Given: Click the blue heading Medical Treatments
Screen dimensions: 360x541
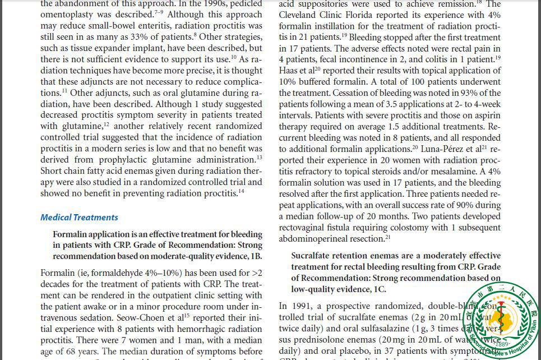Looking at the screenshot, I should tap(79, 218).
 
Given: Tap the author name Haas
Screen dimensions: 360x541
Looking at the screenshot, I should tap(289, 71).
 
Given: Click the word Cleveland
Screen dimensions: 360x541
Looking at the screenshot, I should tap(300, 15).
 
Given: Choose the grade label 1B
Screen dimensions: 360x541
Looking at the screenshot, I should tap(255, 256).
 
